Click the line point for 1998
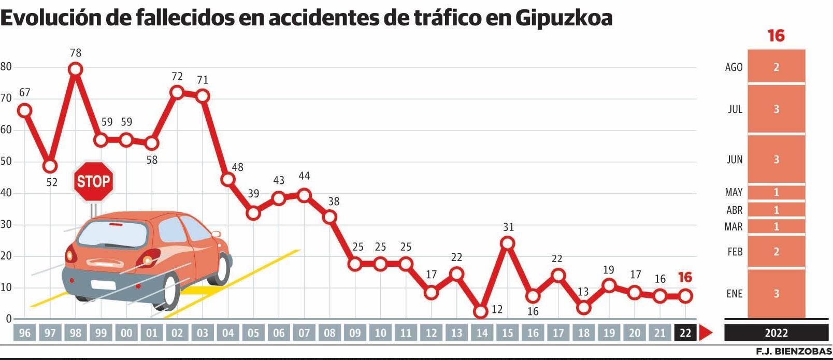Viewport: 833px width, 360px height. point(76,69)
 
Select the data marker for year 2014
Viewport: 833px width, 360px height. point(481,311)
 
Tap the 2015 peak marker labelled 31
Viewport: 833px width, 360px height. point(508,243)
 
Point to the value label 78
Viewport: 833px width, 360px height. point(76,53)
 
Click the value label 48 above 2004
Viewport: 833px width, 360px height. point(237,167)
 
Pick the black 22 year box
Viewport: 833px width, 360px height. point(685,333)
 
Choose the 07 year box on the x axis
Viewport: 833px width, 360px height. point(304,333)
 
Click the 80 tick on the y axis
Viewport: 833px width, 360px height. point(6,67)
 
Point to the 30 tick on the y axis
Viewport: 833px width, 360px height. point(6,225)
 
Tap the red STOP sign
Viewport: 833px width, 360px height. point(93,181)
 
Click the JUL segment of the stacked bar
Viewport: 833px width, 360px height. point(776,109)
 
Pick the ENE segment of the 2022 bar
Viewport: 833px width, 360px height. point(776,294)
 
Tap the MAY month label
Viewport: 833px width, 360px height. point(734,192)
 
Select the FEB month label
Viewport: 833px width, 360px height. point(735,252)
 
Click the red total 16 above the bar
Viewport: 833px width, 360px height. point(776,36)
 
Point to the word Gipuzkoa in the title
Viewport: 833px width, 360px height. point(564,18)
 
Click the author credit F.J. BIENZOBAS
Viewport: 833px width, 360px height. point(793,352)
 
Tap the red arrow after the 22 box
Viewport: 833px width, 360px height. point(705,333)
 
